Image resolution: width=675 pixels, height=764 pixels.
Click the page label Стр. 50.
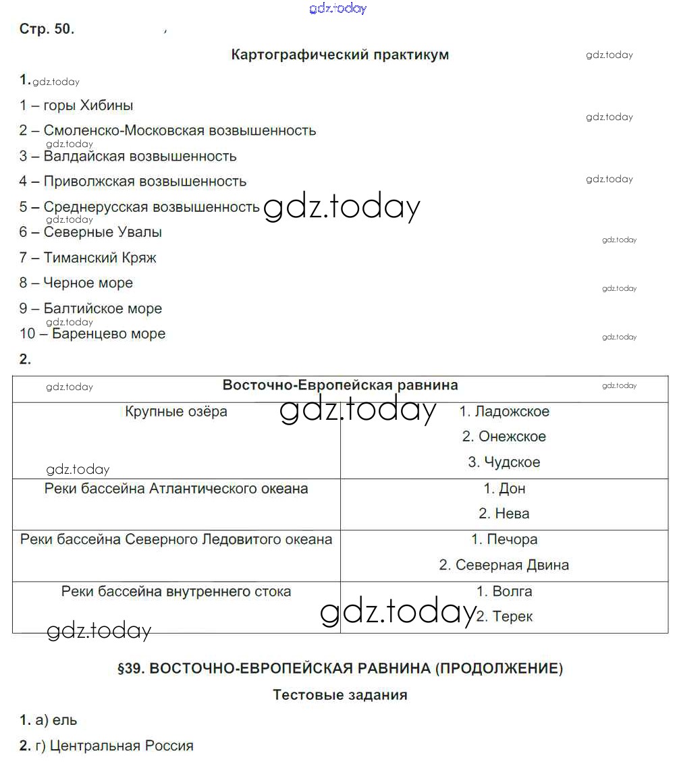pos(47,30)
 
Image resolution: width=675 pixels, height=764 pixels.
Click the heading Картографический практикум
pos(340,55)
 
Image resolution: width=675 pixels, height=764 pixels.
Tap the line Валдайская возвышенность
pos(128,156)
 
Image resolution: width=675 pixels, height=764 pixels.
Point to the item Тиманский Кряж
pos(88,257)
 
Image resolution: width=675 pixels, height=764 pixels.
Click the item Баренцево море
pos(92,333)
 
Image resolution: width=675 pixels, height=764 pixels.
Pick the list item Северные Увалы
pos(91,232)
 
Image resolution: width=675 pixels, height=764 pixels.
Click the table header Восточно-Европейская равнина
pos(340,385)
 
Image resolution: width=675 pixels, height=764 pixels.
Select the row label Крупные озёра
pos(176,412)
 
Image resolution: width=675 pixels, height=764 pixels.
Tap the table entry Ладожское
pos(504,412)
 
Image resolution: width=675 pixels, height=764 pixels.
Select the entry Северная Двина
pos(504,565)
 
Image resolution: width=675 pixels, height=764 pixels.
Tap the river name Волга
pos(504,591)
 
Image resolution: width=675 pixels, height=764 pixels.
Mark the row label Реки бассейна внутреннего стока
pos(176,591)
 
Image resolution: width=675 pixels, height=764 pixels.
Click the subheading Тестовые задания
pos(340,694)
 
